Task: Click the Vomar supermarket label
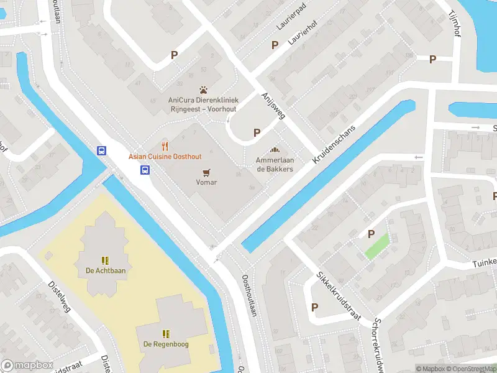pos(206,182)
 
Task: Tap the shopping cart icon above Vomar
pos(206,172)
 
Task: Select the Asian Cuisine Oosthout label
pos(165,157)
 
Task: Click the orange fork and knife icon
pos(165,146)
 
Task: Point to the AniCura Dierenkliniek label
pos(203,103)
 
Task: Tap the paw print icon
pos(203,90)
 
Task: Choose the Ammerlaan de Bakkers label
pos(275,164)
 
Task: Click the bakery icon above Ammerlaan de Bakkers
pos(275,150)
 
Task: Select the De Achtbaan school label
pos(106,270)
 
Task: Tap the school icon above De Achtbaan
pos(106,260)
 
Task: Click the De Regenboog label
pos(166,344)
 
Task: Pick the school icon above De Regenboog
pos(166,333)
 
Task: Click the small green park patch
pos(376,246)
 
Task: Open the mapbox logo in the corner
pos(25,366)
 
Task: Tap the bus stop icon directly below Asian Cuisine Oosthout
pos(145,170)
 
